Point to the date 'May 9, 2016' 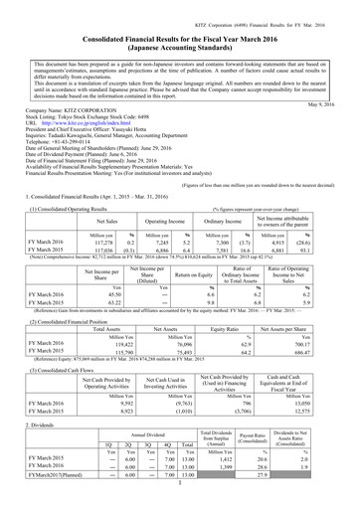[330, 105]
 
